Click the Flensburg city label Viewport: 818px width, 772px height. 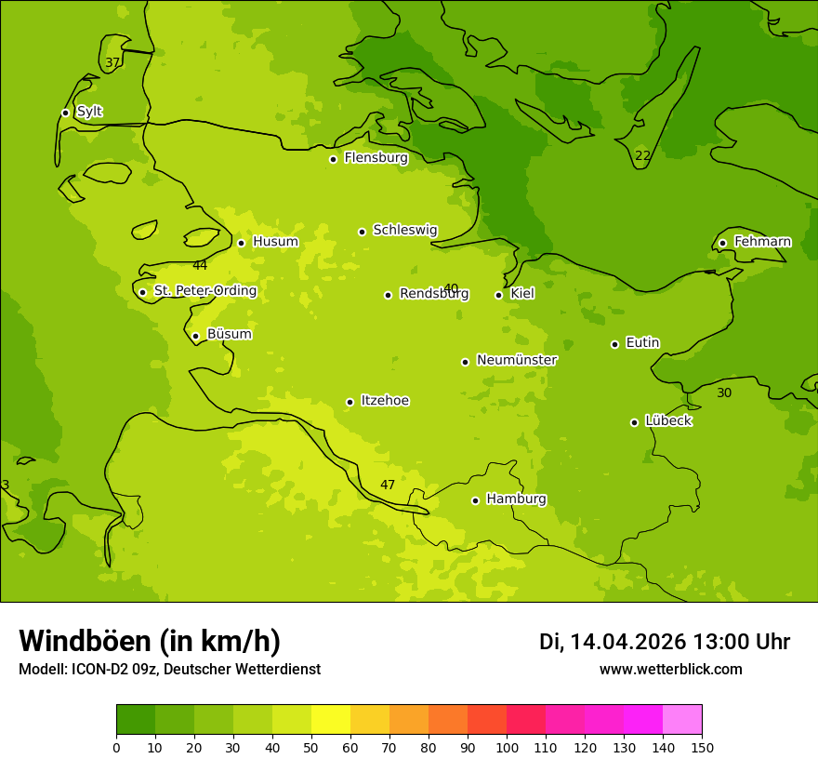pyautogui.click(x=376, y=158)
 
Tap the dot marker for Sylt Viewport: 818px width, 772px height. pyautogui.click(x=65, y=113)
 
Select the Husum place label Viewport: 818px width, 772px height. pyautogui.click(x=275, y=242)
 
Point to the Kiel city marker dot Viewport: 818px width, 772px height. pyautogui.click(x=498, y=295)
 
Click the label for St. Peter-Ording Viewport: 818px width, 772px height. pyautogui.click(x=204, y=291)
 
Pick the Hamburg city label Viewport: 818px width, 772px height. pyautogui.click(x=516, y=499)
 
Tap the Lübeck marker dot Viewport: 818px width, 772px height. pyautogui.click(x=634, y=422)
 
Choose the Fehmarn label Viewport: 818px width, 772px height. pyautogui.click(x=762, y=242)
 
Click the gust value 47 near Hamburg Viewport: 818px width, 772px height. pyautogui.click(x=388, y=485)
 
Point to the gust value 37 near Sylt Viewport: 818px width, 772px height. pyautogui.click(x=112, y=63)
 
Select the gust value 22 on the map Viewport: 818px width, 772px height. pyautogui.click(x=642, y=155)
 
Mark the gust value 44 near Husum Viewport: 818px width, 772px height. pyautogui.click(x=200, y=266)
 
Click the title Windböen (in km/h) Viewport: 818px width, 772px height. pyautogui.click(x=150, y=641)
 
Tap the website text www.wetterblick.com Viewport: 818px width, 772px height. pyautogui.click(x=670, y=669)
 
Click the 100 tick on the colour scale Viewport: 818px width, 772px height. pyautogui.click(x=507, y=747)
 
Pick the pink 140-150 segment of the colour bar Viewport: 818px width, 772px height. pyautogui.click(x=682, y=720)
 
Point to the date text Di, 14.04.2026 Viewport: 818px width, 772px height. pyautogui.click(x=613, y=642)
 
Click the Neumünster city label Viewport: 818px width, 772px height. pyautogui.click(x=516, y=360)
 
